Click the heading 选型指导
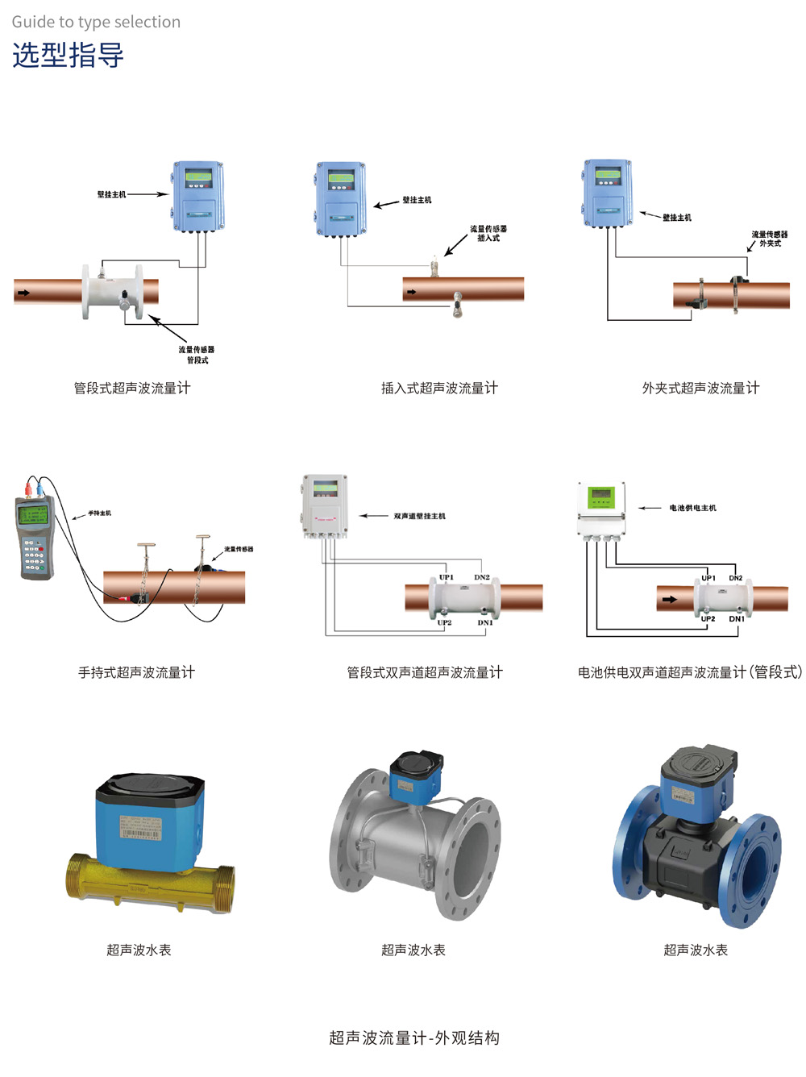68,56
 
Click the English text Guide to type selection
96,22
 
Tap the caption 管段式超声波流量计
132,388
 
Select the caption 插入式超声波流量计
439,388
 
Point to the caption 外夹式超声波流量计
700,388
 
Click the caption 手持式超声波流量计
136,672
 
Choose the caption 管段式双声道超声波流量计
425,672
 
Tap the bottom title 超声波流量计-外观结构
414,1037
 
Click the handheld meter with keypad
35,536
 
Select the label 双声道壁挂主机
419,516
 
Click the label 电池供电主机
692,508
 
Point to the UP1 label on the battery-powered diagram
708,578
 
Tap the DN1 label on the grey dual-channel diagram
485,622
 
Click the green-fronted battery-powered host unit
601,509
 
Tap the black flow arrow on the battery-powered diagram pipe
669,600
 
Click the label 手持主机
100,514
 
